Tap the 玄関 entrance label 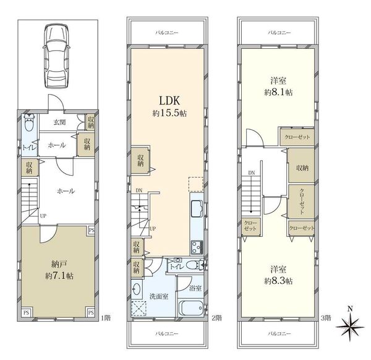[x=59, y=122]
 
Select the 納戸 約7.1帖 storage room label [x=59, y=270]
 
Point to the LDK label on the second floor [x=169, y=101]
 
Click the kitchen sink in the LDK [x=197, y=209]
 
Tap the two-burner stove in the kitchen [x=197, y=247]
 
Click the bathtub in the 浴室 [x=191, y=308]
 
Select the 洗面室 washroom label [x=159, y=296]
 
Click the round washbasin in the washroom [x=137, y=289]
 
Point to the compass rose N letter [x=351, y=309]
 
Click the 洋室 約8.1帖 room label [x=278, y=87]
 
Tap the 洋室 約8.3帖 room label [x=278, y=275]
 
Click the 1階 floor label [x=106, y=318]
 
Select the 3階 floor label [x=326, y=318]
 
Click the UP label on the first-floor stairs [x=43, y=216]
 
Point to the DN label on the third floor [x=251, y=173]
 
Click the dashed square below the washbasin [x=139, y=308]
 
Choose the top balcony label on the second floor [x=167, y=33]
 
